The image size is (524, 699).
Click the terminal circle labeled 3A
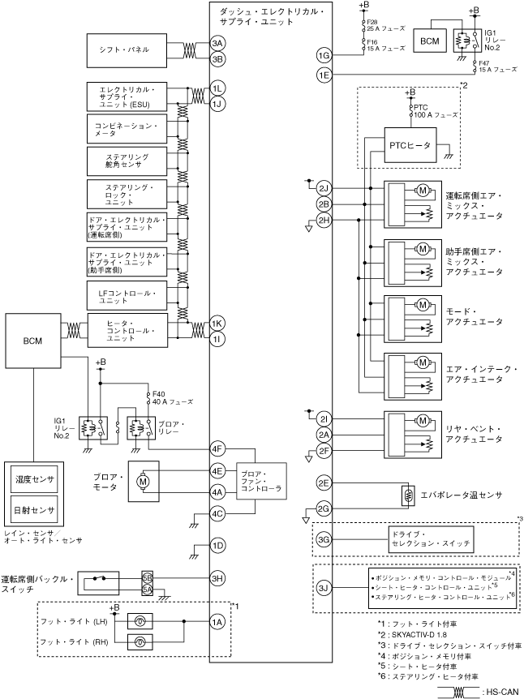[x=217, y=43]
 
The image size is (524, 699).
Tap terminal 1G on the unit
[x=324, y=55]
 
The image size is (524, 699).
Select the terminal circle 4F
[x=217, y=449]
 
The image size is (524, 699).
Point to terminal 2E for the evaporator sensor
[x=324, y=482]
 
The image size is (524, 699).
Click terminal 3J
[x=324, y=588]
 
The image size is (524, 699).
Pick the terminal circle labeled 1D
[x=217, y=546]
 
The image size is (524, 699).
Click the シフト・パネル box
[x=127, y=50]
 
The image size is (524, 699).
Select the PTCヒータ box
[x=410, y=145]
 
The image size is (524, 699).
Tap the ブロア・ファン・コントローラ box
[x=261, y=482]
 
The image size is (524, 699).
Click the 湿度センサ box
[x=34, y=480]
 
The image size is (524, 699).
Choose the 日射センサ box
[x=34, y=510]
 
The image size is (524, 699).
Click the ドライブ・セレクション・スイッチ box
[x=431, y=539]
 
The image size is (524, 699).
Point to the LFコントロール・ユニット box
[x=127, y=295]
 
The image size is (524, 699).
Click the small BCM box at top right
[x=430, y=41]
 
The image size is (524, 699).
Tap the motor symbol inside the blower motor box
[x=143, y=482]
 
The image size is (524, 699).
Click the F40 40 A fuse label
[x=172, y=398]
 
